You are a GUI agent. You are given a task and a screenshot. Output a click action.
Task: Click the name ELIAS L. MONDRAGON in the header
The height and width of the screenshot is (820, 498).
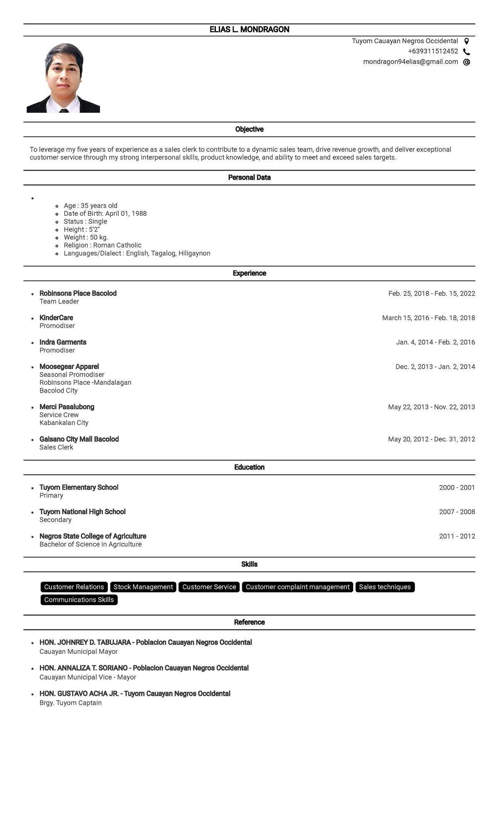(x=249, y=29)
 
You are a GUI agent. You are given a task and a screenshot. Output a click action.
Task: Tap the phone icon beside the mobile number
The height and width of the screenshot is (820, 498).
(x=466, y=52)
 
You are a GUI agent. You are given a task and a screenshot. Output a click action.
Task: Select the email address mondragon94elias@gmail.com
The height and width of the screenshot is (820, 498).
(x=410, y=62)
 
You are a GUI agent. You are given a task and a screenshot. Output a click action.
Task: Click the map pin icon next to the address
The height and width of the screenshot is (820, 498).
(x=466, y=41)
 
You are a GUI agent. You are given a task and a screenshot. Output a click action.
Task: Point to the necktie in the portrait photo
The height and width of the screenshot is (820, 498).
(x=63, y=111)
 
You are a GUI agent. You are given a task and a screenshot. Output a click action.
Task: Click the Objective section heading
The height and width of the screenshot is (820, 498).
(x=249, y=129)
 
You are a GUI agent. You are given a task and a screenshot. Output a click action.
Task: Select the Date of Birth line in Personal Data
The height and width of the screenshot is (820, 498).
(x=105, y=214)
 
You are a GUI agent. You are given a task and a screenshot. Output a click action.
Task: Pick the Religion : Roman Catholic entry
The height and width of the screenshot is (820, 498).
(x=103, y=245)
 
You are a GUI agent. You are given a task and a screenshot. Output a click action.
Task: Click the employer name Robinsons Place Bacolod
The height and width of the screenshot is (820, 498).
(x=78, y=293)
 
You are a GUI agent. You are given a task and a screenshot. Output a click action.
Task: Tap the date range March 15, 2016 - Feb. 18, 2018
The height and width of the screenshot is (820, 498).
(x=428, y=318)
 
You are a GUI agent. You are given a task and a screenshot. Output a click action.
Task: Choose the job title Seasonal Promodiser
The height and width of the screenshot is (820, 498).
(x=72, y=375)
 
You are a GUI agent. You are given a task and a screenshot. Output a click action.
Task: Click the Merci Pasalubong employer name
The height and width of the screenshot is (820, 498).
(x=67, y=407)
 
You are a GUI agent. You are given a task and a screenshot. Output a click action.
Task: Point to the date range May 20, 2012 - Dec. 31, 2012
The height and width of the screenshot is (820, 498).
(x=431, y=439)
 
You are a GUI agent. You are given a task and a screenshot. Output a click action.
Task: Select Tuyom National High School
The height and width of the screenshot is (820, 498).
(x=82, y=512)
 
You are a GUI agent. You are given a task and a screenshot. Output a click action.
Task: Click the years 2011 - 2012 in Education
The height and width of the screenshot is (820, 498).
(x=457, y=537)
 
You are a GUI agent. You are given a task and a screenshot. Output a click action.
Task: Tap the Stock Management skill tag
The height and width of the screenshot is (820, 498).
(x=143, y=587)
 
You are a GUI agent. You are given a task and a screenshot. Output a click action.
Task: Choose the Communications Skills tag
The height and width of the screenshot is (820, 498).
(x=79, y=600)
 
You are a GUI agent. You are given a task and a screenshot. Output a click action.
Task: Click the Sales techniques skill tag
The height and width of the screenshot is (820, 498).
(x=385, y=587)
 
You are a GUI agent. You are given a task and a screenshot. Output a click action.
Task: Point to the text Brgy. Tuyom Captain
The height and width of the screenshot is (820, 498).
(x=71, y=703)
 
